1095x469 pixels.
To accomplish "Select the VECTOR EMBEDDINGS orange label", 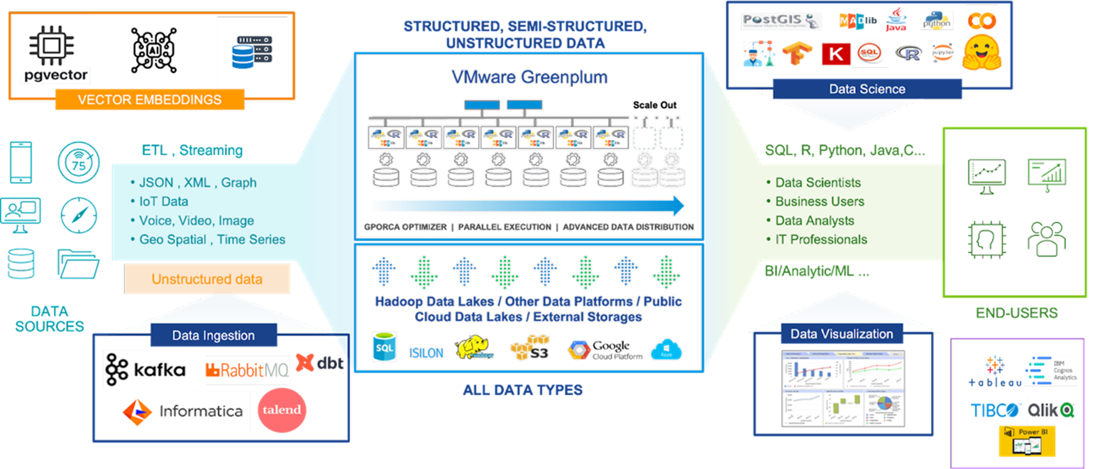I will pos(149,100).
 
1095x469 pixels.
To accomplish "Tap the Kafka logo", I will pos(145,370).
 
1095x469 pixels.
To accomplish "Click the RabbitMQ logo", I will pos(247,371).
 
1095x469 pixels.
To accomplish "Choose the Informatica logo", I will pos(186,412).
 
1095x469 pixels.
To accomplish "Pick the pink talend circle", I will pos(282,410).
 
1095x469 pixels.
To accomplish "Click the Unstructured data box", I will pos(207,279).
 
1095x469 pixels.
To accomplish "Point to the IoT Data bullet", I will pos(164,201).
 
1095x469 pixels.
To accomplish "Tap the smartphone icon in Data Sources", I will pos(21,162).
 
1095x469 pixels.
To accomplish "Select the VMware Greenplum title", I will pos(529,77).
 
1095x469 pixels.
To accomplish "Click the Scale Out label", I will pos(655,105).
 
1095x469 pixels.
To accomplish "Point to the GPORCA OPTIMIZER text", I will pos(405,227).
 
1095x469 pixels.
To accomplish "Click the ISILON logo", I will pos(426,353).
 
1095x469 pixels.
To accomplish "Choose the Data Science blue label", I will pos(867,89).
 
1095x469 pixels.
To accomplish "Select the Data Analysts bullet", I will pos(815,221).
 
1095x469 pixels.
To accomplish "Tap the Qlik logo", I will pos(1051,411).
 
